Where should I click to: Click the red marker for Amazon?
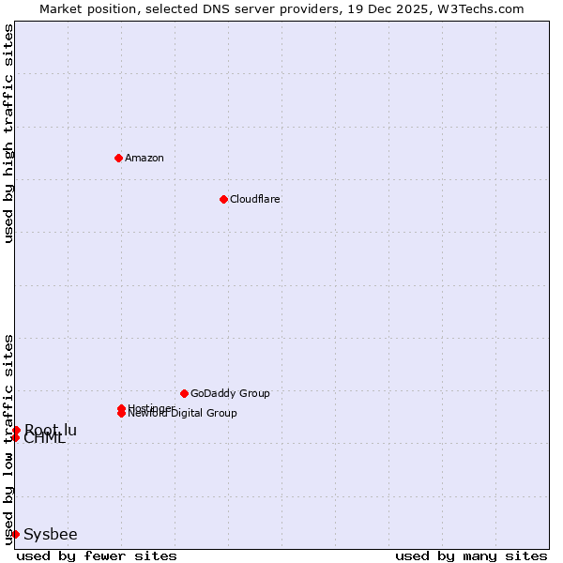pos(118,158)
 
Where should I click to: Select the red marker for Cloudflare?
pos(223,199)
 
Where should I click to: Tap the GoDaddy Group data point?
pos(184,393)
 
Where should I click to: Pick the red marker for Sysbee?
pos(15,534)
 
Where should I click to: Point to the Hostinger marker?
pos(121,408)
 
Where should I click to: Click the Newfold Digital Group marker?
pos(121,414)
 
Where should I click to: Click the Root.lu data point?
pos(16,430)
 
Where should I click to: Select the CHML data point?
pos(15,437)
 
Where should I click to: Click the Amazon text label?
pos(145,158)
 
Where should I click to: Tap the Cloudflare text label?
pos(255,199)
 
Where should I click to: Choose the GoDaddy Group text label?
pos(230,393)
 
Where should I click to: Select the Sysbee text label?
pos(51,534)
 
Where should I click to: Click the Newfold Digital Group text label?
pos(183,414)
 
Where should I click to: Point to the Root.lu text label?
pos(52,430)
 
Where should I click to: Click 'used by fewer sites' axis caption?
pos(97,555)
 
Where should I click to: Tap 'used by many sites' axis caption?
pos(471,555)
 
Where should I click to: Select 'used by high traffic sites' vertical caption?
pos(8,133)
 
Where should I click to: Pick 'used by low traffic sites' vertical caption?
pos(8,439)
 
